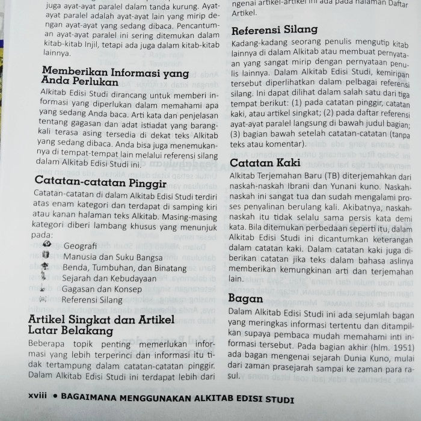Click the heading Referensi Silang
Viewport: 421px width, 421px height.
(x=274, y=29)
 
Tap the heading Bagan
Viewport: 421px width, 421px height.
(x=247, y=298)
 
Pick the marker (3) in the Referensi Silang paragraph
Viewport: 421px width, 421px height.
(x=238, y=134)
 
